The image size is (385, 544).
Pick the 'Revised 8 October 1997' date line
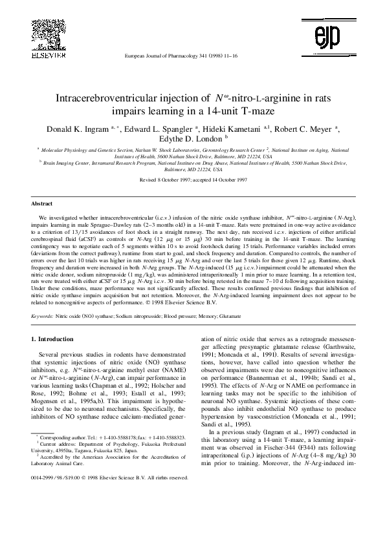pos(192,180)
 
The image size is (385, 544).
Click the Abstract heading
pos(43,203)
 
